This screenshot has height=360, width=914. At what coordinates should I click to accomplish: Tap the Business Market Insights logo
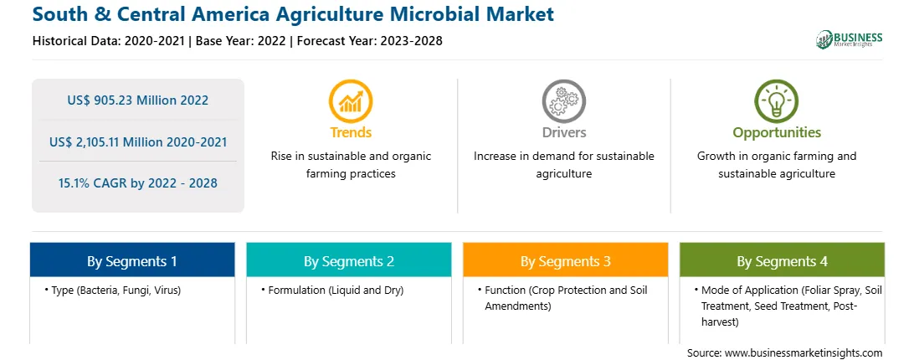point(850,39)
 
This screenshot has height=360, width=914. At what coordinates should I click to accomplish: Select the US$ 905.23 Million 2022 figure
point(137,100)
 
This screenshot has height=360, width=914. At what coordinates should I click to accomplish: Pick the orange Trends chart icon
point(351,101)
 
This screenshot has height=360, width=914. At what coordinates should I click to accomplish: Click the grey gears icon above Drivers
point(563,101)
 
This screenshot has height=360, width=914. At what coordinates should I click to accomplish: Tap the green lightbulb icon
point(777,101)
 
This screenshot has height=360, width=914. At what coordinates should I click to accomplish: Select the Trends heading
point(351,132)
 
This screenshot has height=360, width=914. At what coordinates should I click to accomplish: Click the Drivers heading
point(563,132)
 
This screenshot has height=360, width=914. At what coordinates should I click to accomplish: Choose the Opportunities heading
point(777,132)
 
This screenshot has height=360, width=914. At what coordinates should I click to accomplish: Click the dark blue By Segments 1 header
point(132,260)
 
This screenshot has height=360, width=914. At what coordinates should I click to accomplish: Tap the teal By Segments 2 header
point(348,260)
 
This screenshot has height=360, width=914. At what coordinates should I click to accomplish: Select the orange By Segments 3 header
point(566,260)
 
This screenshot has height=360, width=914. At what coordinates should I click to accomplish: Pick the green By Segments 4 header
point(783,260)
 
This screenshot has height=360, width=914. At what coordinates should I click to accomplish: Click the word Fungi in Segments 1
point(140,290)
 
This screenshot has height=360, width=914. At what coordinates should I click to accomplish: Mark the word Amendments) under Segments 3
point(517,306)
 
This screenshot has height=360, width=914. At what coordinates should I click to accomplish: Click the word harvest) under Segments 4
point(721,321)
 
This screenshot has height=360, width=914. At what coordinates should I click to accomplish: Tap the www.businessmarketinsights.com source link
point(804,352)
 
